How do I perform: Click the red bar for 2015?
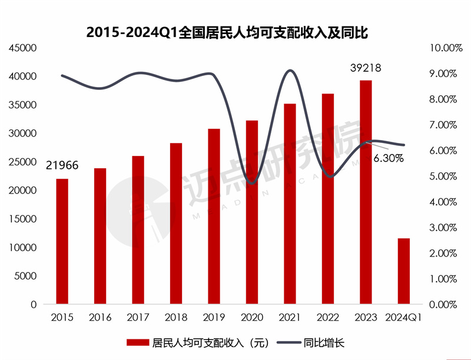tap(62, 241)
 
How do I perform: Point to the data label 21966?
tap(62, 166)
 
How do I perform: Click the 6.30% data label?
tap(387, 158)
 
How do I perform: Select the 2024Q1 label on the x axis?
tap(404, 318)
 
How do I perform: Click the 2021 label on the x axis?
tap(290, 318)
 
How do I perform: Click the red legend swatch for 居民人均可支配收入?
tap(137, 342)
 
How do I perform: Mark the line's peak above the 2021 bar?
tap(290, 71)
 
